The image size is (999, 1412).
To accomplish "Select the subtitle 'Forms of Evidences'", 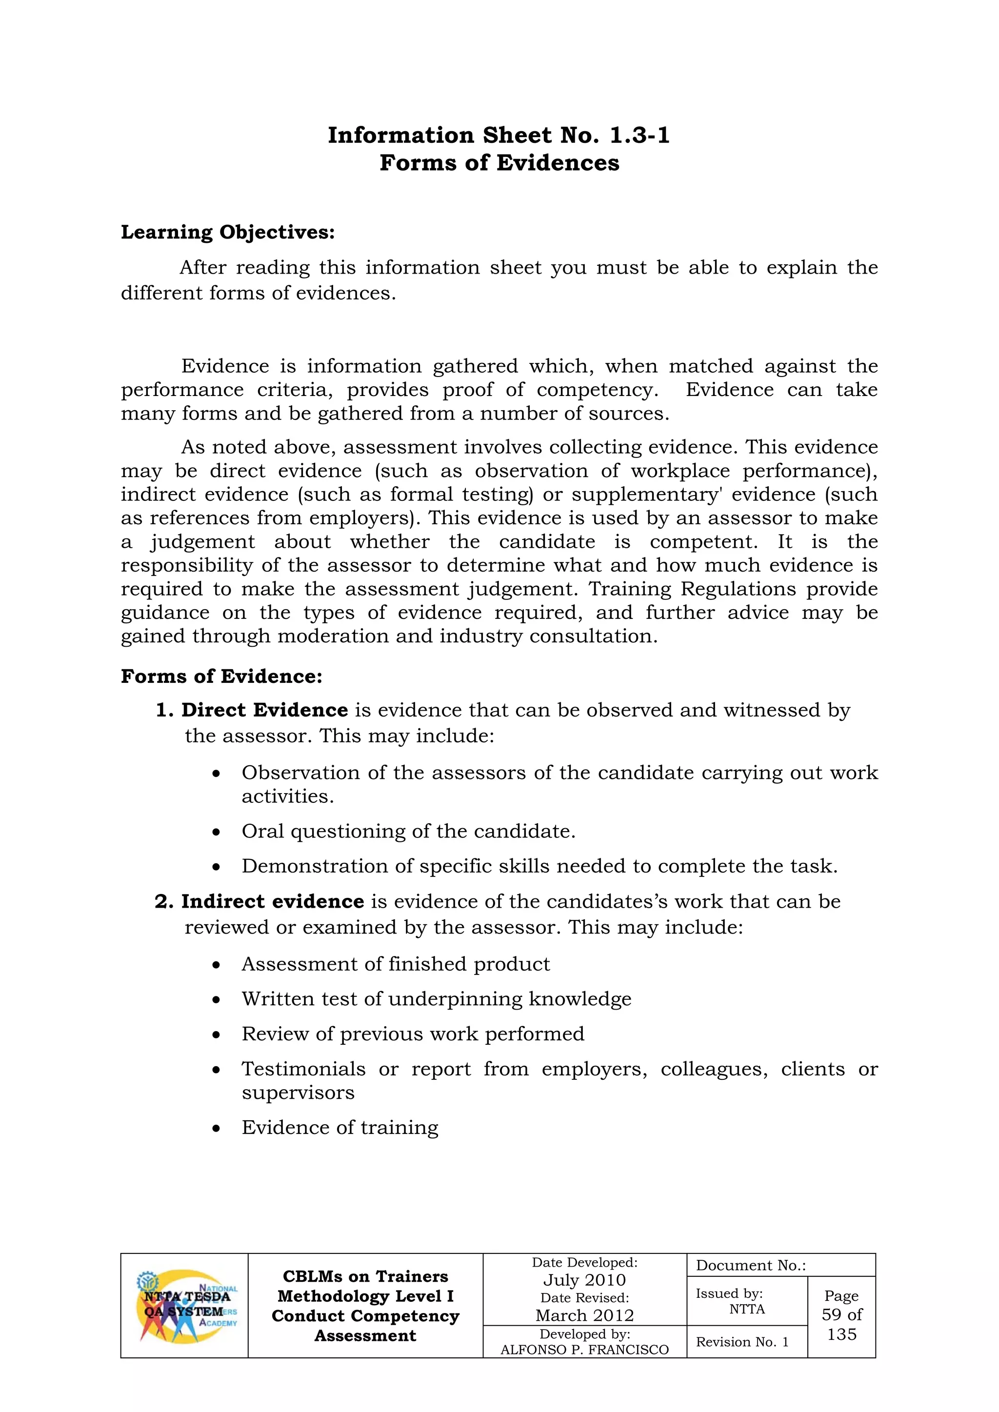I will click(x=499, y=163).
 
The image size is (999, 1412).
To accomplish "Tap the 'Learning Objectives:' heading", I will click(x=228, y=233).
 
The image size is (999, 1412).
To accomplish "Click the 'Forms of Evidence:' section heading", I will click(x=221, y=676).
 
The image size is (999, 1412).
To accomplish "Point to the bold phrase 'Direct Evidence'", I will click(x=264, y=710).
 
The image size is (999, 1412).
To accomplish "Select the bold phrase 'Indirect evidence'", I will click(x=273, y=901).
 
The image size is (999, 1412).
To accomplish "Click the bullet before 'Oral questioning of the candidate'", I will click(x=216, y=833).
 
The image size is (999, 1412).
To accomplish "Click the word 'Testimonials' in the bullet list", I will click(x=303, y=1069).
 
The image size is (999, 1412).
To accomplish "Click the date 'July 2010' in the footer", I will click(x=584, y=1280).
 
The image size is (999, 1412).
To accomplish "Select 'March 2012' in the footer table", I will click(x=584, y=1315).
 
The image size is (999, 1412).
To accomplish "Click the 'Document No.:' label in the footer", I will click(x=751, y=1265).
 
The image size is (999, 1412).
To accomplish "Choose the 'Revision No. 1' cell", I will click(x=742, y=1342).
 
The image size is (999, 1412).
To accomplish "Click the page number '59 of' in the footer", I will click(x=841, y=1315).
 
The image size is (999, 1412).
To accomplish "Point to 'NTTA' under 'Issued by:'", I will click(x=747, y=1309).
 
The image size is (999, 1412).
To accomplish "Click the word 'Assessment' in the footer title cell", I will click(x=365, y=1336).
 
